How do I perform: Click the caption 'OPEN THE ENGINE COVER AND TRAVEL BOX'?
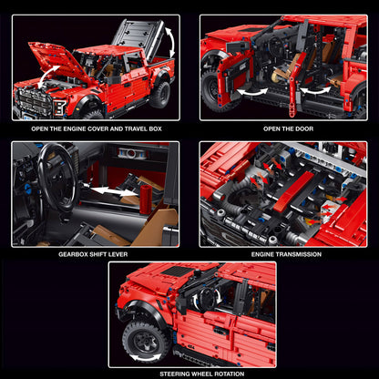(96, 129)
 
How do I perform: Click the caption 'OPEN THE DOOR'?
(283, 129)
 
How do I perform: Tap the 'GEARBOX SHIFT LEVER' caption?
(96, 254)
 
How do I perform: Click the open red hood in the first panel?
(47, 61)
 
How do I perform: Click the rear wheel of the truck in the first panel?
(160, 93)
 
